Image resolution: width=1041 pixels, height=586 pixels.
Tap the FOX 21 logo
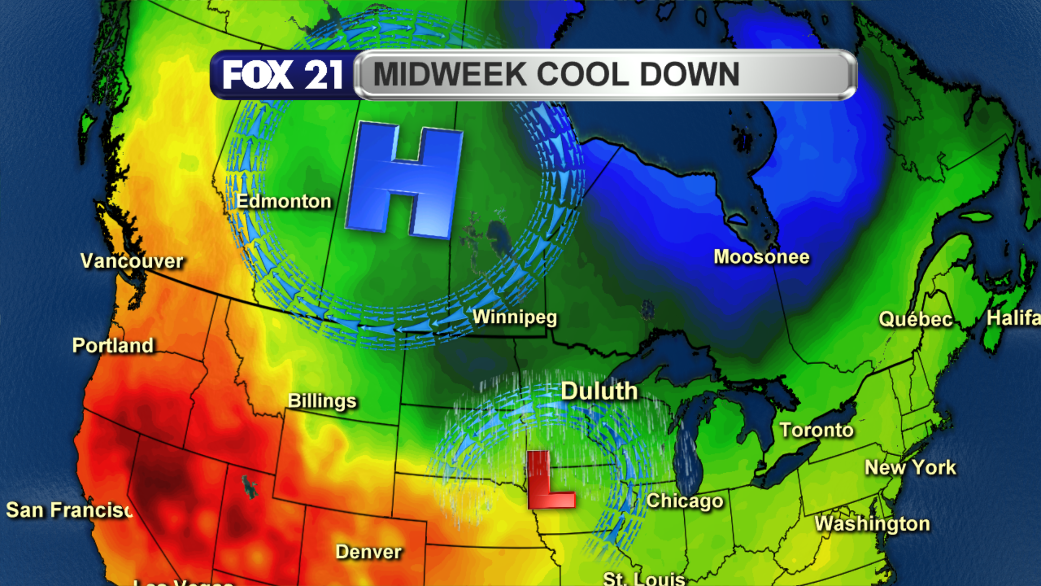282,74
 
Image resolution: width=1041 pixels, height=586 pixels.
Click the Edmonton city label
284,201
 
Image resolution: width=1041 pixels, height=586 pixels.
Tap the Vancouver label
132,261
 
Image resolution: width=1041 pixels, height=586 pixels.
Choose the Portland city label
113,346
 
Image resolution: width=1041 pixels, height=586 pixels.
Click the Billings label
322,401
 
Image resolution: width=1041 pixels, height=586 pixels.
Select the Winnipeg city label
515,317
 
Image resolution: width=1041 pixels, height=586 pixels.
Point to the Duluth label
599,391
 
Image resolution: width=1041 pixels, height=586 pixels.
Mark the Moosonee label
761,257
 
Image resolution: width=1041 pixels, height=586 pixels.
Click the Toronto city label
817,430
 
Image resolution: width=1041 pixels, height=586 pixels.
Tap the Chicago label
685,501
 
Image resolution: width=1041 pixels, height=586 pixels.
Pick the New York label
910,467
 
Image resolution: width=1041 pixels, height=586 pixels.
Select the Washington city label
872,524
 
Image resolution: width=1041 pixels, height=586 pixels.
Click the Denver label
369,552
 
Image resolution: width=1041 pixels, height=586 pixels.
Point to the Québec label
916,319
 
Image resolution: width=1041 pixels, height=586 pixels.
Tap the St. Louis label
644,578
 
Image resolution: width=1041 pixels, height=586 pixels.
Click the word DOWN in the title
690,74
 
